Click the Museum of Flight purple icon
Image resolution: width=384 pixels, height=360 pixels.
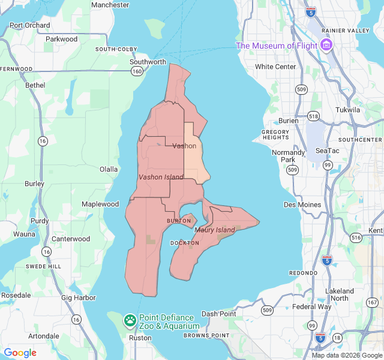(x=326, y=45)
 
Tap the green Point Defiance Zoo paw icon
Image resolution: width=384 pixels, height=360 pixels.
(x=130, y=320)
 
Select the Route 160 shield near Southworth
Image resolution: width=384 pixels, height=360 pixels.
(x=137, y=71)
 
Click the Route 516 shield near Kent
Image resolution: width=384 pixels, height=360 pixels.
(x=356, y=238)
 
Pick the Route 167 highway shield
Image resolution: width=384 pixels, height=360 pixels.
(x=373, y=302)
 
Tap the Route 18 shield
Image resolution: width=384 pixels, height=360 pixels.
(x=337, y=338)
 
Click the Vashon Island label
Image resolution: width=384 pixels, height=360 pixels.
(x=161, y=177)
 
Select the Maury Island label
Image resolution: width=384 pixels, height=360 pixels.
(x=215, y=230)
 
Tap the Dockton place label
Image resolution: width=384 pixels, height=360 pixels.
(x=184, y=243)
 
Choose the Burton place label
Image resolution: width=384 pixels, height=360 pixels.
(x=178, y=221)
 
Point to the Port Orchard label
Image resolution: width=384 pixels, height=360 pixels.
(x=30, y=25)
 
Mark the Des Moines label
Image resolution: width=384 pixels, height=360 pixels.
(x=302, y=205)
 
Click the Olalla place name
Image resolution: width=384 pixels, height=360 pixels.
(x=109, y=169)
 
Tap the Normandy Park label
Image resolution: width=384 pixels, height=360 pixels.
(x=284, y=156)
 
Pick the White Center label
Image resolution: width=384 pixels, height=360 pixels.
(x=275, y=67)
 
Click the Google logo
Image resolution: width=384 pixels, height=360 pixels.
(x=20, y=353)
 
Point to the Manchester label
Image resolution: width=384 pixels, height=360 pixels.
(x=110, y=5)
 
